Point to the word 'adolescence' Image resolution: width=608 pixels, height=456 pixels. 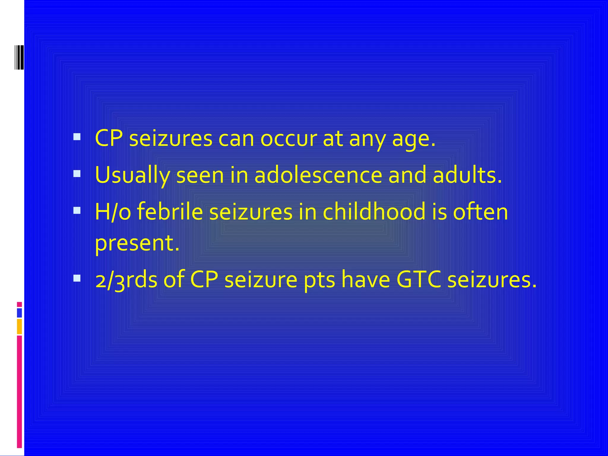(x=318, y=175)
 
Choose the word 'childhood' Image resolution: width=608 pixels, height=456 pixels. (x=374, y=212)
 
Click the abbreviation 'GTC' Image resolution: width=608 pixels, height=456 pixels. (x=419, y=280)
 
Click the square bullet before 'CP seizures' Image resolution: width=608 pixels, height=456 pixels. (x=77, y=137)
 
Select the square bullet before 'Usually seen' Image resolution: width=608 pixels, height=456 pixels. (x=77, y=174)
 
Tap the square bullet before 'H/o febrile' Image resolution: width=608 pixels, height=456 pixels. (x=77, y=210)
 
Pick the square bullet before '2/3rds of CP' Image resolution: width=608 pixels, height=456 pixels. (x=77, y=278)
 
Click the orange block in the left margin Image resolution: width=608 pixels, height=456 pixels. (x=19, y=326)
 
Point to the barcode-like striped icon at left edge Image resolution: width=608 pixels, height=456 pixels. (x=19, y=57)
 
